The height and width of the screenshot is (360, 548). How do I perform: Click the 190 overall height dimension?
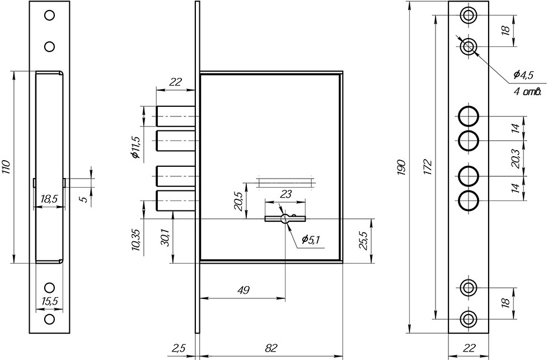[402, 167]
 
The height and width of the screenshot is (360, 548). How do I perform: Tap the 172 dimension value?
[429, 167]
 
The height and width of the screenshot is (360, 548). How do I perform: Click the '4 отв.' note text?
[527, 92]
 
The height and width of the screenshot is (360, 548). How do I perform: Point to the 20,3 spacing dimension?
[515, 158]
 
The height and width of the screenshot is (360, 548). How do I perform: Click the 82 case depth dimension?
[271, 348]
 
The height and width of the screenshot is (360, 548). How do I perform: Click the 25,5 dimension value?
[363, 240]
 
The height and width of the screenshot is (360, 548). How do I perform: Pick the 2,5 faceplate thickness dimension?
[178, 348]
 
